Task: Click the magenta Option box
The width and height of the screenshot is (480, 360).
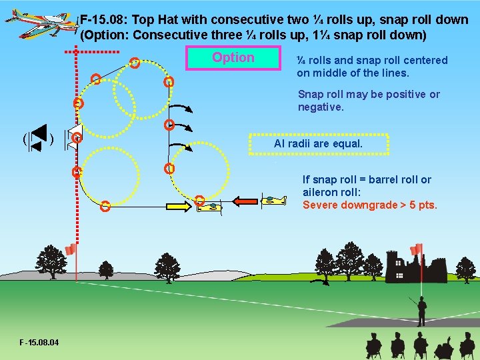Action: [x=233, y=58]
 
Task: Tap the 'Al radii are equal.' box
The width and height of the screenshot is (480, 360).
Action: [x=318, y=143]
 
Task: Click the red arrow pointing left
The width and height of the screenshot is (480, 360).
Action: [x=245, y=200]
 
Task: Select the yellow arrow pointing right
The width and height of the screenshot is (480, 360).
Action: [x=178, y=207]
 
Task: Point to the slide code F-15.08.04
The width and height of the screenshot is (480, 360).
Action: [x=39, y=343]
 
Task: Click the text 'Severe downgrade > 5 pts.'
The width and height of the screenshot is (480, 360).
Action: [x=370, y=205]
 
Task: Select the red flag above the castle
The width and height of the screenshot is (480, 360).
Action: [x=417, y=249]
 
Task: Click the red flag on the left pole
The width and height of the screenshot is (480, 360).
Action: [x=71, y=249]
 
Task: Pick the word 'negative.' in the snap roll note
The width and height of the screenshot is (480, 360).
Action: [x=321, y=107]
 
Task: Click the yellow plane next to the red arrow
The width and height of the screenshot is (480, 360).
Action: [x=273, y=199]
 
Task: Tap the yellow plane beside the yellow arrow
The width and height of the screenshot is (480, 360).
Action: [x=209, y=207]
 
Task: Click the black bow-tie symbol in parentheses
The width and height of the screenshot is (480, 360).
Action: [x=37, y=138]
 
